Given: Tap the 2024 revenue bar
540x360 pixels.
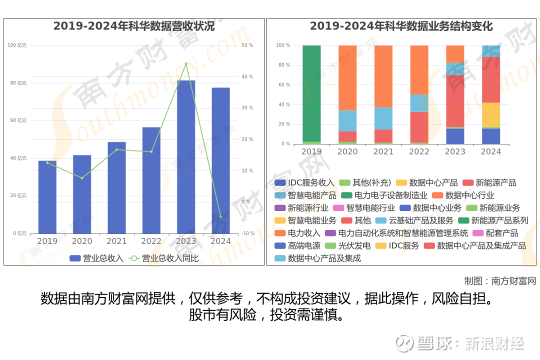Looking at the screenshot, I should tap(220, 160).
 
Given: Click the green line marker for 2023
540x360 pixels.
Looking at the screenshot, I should tap(186, 64).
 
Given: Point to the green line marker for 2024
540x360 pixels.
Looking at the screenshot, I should tap(220, 217).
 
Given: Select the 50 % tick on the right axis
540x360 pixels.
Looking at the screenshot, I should tap(247, 45).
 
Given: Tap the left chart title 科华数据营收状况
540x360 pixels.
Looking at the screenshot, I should tap(134, 26).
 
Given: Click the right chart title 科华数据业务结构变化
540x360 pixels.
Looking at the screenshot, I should tap(401, 26).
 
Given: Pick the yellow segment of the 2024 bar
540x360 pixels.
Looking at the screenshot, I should tap(491, 115).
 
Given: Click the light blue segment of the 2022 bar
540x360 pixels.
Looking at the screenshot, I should tap(419, 103).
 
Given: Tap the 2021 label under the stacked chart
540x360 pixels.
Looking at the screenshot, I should tap(383, 151).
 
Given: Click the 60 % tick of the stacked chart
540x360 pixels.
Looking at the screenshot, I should tap(283, 85).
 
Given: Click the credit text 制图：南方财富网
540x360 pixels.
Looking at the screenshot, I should tap(499, 280).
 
